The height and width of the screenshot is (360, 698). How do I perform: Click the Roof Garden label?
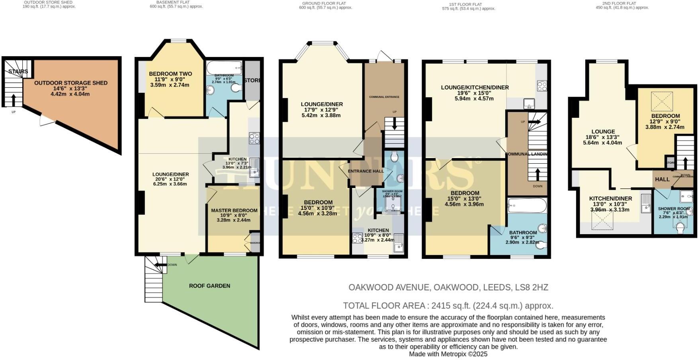tap(209, 286)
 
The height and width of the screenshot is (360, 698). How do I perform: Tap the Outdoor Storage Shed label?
tap(71, 83)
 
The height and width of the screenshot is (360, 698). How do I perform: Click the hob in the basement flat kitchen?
tap(254, 138)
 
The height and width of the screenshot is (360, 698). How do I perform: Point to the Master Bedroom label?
tap(234, 210)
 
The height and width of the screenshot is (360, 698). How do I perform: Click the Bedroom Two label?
tap(170, 74)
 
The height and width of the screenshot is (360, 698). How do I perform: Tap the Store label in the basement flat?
tap(252, 80)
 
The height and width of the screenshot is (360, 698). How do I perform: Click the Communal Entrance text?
tap(384, 97)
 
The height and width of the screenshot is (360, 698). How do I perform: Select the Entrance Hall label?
tap(366, 171)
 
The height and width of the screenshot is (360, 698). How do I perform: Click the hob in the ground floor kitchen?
tap(357, 238)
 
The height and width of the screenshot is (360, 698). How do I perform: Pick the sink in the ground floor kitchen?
tap(399, 243)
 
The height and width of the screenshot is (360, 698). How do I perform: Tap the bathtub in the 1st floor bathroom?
tap(527, 206)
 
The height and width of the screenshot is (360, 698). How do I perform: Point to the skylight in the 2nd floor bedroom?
tap(662, 101)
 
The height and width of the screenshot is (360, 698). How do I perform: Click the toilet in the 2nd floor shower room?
tap(680, 228)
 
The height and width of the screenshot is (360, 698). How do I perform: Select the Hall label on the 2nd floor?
tap(662, 179)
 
